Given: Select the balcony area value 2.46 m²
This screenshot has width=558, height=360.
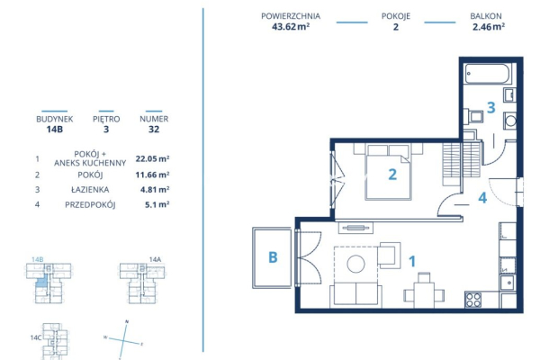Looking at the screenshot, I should [x=488, y=27].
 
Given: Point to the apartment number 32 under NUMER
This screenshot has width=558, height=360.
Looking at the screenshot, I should [x=153, y=129].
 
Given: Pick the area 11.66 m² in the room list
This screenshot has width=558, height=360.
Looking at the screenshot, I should [x=152, y=175].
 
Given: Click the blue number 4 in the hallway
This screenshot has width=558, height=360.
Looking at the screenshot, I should [x=482, y=198].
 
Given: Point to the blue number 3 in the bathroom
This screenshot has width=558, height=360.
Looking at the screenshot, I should [x=490, y=108].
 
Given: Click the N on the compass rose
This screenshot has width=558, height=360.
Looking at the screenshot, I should [x=128, y=322].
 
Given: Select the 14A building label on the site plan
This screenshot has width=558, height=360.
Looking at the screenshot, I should [x=155, y=259].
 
